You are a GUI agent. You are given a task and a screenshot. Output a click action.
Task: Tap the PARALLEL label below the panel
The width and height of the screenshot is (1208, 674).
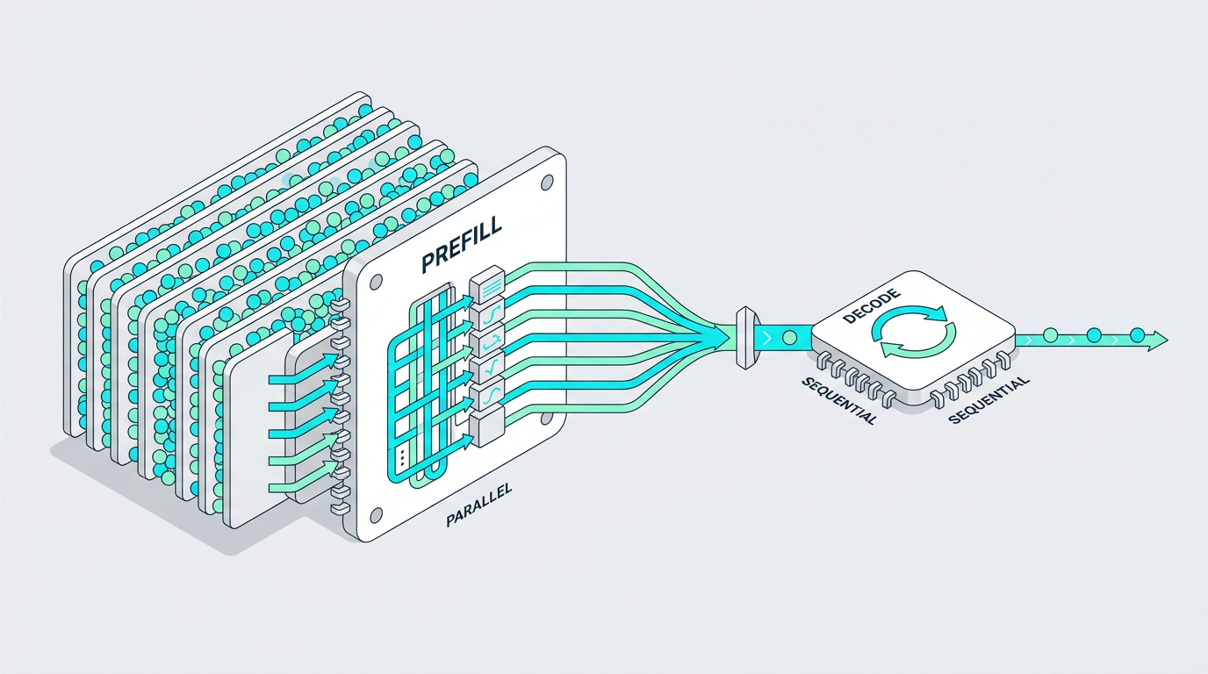pyautogui.click(x=478, y=505)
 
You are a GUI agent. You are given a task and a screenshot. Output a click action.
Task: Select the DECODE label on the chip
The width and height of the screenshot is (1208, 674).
pyautogui.click(x=870, y=307)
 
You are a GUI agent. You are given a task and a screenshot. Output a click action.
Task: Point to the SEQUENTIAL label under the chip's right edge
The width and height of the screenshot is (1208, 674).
pyautogui.click(x=988, y=400)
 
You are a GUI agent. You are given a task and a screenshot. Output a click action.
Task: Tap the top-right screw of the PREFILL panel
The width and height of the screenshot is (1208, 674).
pyautogui.click(x=547, y=183)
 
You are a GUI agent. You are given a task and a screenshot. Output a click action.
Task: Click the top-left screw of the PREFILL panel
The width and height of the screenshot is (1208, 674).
pyautogui.click(x=376, y=282)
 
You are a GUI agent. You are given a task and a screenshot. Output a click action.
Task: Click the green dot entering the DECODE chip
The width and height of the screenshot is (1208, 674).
pyautogui.click(x=789, y=338)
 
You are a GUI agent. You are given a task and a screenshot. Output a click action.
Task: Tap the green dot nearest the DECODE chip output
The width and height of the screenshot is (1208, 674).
pyautogui.click(x=1049, y=335)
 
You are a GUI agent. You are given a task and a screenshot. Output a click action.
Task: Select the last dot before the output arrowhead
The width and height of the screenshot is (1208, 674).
pyautogui.click(x=1136, y=335)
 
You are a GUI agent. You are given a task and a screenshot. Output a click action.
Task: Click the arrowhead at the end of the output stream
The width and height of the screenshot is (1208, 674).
pyautogui.click(x=1157, y=341)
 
